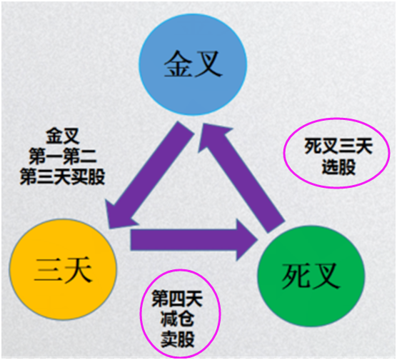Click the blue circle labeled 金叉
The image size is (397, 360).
click(193, 64)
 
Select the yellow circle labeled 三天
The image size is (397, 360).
click(63, 269)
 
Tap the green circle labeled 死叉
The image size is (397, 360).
click(311, 276)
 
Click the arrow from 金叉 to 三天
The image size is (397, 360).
click(149, 175)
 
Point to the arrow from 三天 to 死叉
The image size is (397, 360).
click(194, 240)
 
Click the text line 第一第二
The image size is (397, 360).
click(63, 156)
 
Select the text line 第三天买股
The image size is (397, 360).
click(63, 176)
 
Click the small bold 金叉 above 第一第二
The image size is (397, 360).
click(63, 136)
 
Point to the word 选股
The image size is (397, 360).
click(338, 167)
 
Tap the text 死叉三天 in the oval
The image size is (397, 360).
click(338, 146)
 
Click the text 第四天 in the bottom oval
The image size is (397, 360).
click(177, 299)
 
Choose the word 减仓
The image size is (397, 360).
click(177, 319)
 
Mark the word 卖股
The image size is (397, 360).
click(177, 339)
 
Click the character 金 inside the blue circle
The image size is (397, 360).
click(178, 64)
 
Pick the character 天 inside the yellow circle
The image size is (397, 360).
click(78, 269)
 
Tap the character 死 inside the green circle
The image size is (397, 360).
click(296, 276)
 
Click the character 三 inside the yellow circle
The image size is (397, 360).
click(48, 269)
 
